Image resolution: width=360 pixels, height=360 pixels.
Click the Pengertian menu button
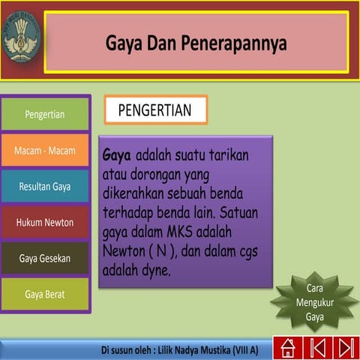[x=45, y=115]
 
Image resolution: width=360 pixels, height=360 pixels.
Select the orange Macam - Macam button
[x=45, y=151]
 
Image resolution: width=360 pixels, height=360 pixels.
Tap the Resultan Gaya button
[x=45, y=187]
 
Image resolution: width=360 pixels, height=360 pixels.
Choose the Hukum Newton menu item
[x=45, y=223]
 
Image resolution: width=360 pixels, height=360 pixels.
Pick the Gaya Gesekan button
[x=45, y=259]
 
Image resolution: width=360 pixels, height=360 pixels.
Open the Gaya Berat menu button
[x=45, y=295]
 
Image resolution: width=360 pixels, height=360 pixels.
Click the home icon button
[x=286, y=348]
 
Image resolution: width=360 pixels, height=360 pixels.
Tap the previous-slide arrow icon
[x=317, y=348]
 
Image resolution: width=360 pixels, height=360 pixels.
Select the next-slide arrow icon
[x=346, y=348]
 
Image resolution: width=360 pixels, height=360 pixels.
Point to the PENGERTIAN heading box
[x=155, y=110]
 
